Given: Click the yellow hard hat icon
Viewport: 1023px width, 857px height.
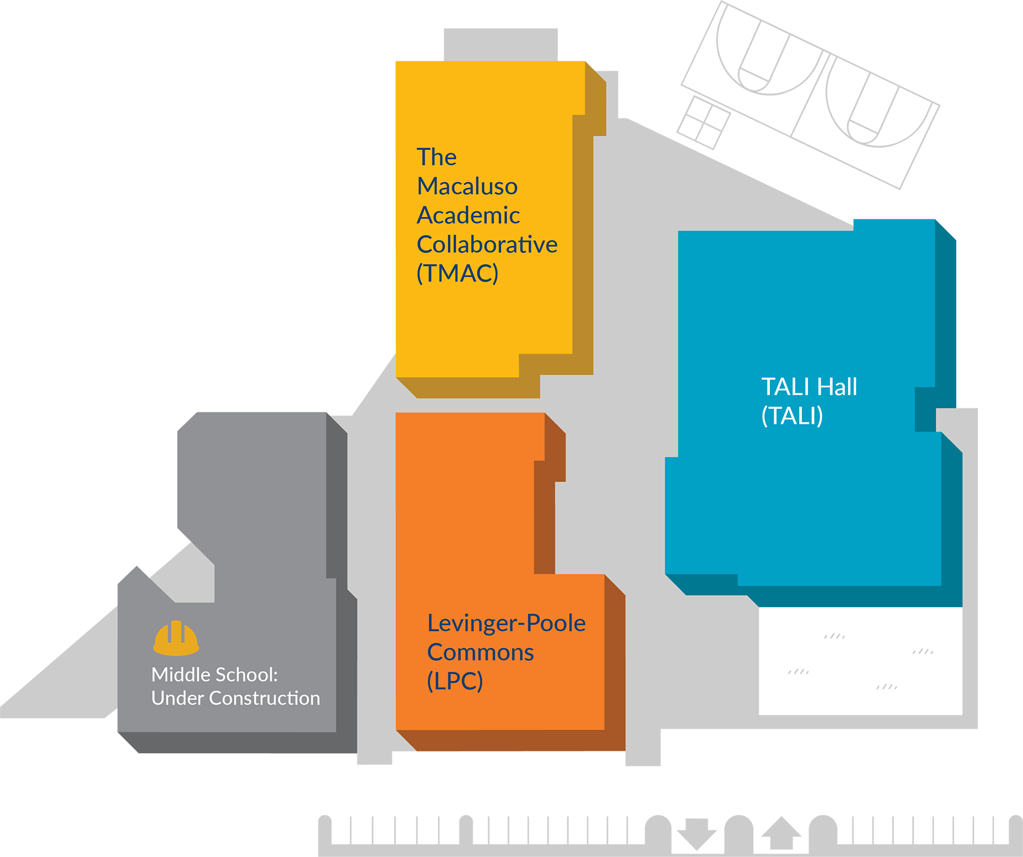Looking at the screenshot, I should point(176,638).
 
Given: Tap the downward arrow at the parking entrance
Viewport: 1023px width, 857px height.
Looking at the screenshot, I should point(696,833).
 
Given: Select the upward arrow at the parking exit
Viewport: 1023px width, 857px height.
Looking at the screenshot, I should point(781,834).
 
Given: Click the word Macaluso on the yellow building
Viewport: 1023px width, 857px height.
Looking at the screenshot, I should point(467,186).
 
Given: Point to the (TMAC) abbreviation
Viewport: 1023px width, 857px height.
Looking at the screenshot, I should point(457,273).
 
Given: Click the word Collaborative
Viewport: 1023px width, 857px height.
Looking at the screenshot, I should point(487,245).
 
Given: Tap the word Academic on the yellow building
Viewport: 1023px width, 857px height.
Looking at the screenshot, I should point(468,216).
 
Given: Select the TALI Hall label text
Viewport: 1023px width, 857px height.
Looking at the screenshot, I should point(809,387).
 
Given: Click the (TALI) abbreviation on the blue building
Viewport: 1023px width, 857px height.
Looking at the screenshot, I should point(792,416).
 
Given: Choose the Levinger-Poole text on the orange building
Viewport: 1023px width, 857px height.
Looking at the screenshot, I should point(506,623).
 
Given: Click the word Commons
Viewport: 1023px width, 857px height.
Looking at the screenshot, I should point(480,652).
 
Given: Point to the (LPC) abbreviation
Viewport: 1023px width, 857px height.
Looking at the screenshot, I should point(455,681).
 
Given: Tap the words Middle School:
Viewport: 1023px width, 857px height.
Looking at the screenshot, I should point(214,675).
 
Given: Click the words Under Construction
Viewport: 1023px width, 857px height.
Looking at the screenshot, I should point(236,698).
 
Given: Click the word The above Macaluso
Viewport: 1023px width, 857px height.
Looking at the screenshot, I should point(436,157).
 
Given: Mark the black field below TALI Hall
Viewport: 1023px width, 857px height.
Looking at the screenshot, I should point(860,661).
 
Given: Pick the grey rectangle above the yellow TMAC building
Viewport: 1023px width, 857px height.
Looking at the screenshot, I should point(501,44).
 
